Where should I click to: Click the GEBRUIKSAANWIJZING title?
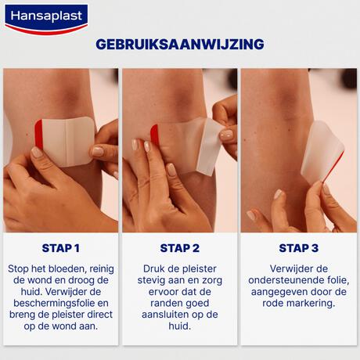(180, 45)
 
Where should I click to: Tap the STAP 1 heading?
(60, 248)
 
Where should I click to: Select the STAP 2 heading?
(180, 248)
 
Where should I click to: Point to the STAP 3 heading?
(299, 248)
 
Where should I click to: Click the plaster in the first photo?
(68, 140)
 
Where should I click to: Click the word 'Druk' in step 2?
(153, 269)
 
